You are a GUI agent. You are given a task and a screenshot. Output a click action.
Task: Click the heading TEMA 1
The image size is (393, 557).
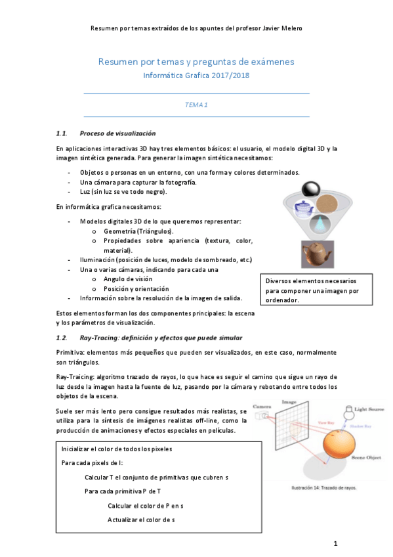(196, 104)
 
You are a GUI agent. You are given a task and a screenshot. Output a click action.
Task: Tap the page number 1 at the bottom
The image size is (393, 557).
(335, 543)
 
